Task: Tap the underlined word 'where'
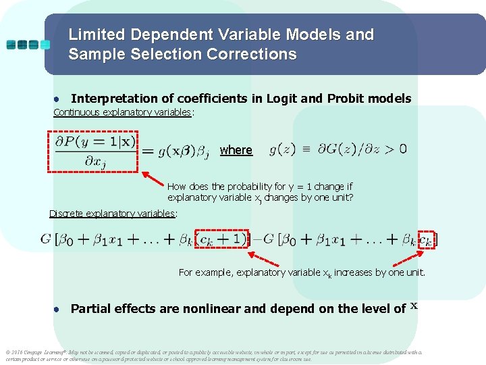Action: [236, 150]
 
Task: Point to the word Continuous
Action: [77, 112]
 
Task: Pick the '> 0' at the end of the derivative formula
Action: [398, 149]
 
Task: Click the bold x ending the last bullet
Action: [414, 306]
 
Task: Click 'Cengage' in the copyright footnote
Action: [36, 352]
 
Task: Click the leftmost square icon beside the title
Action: [12, 45]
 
